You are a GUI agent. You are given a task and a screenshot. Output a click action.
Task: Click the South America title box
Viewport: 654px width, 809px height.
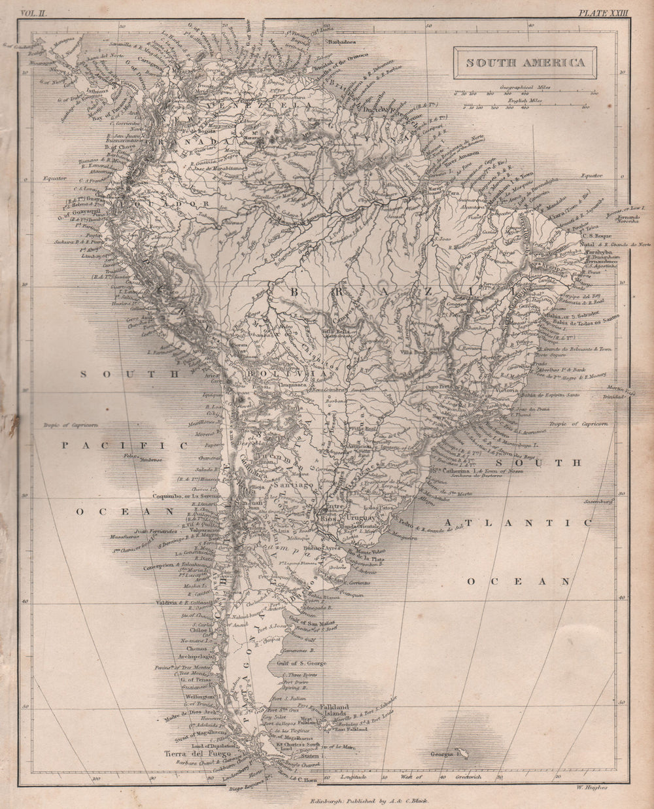tap(525, 63)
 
